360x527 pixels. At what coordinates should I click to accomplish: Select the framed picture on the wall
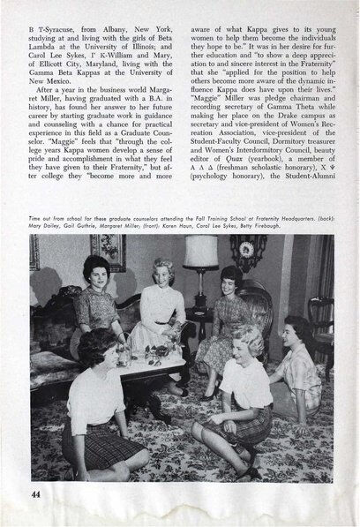(108, 252)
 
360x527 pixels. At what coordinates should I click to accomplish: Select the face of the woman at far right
(302, 333)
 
